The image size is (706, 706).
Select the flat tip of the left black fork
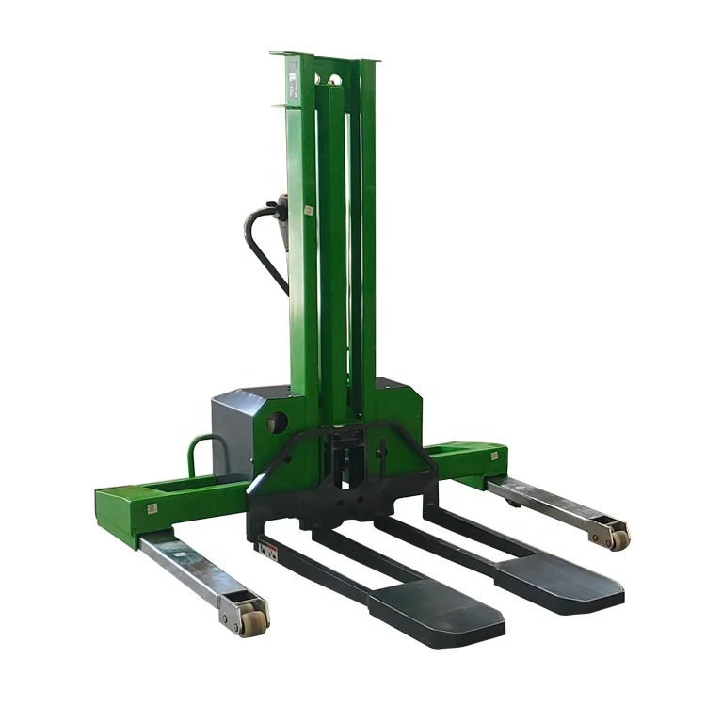435,611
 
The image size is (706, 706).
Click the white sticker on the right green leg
490,456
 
